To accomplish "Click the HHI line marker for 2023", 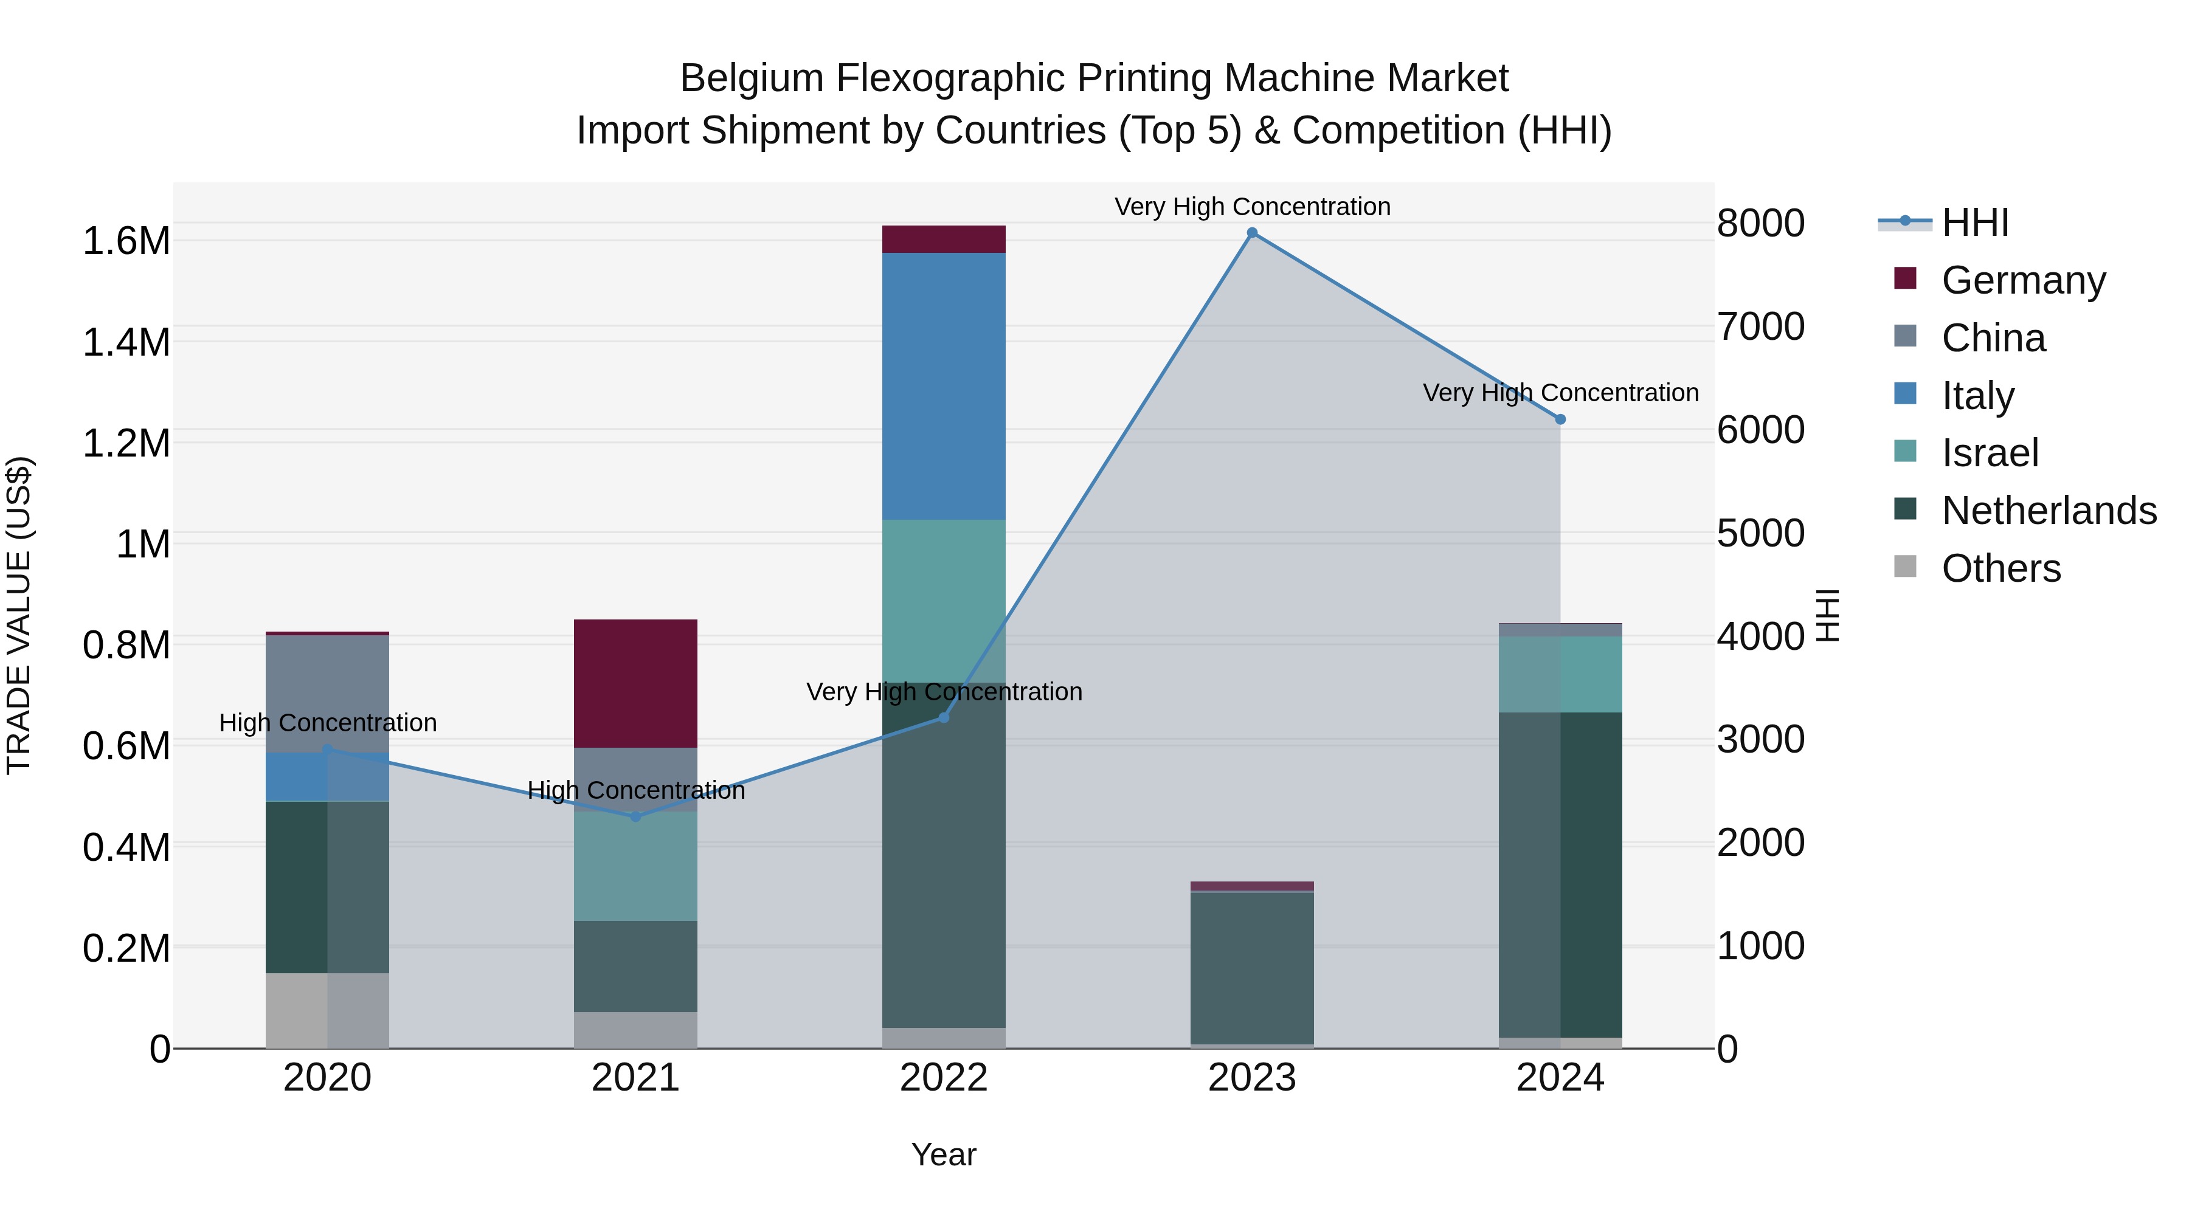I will (x=1252, y=233).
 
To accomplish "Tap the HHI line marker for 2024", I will (x=1560, y=419).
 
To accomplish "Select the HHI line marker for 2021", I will (x=635, y=816).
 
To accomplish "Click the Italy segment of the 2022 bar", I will (x=943, y=387).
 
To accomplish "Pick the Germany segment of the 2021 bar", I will (x=635, y=683).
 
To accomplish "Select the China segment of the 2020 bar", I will (x=327, y=693).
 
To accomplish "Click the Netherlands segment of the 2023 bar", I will (x=1252, y=968).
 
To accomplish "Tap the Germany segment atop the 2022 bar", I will (x=943, y=239).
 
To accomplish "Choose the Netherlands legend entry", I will (x=2049, y=511).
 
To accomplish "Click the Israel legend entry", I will (x=1990, y=453).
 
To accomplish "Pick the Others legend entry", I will (x=2001, y=568).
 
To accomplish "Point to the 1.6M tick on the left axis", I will (x=126, y=241).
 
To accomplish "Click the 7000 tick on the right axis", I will (x=1761, y=327).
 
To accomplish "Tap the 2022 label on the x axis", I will (x=943, y=1078).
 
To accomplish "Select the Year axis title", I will (x=943, y=1154).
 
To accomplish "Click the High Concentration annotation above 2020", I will (x=328, y=723).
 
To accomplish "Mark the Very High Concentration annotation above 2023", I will (x=1252, y=207).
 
